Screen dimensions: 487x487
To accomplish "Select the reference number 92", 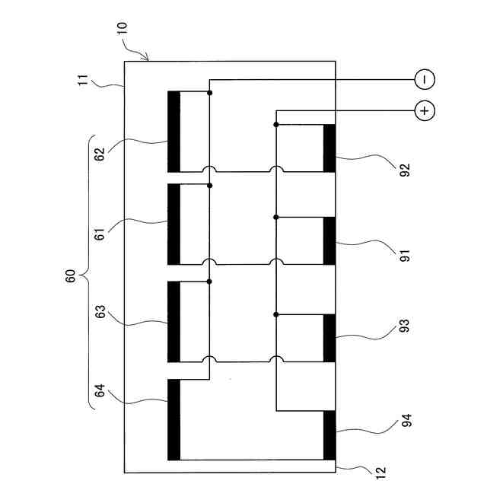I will (x=404, y=169).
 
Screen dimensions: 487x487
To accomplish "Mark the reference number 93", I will (x=404, y=326).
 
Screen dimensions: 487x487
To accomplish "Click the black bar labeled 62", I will (x=174, y=132).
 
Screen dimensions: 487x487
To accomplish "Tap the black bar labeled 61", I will (x=174, y=224).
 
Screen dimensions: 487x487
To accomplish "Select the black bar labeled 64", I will (x=174, y=419).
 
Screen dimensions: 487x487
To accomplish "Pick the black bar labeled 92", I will (x=329, y=148).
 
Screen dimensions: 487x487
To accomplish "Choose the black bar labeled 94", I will (x=329, y=435).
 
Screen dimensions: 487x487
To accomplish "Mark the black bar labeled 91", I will (x=329, y=240).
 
